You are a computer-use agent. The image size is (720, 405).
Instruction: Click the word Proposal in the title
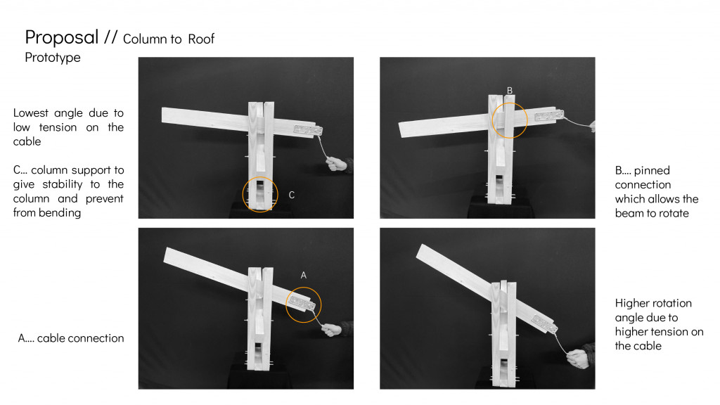tap(62, 37)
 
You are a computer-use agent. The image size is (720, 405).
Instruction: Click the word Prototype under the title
tap(53, 58)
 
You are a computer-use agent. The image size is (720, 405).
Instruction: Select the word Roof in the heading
tap(200, 39)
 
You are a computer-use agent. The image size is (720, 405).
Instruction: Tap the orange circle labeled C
tap(260, 194)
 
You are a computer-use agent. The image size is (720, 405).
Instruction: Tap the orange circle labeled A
tap(303, 304)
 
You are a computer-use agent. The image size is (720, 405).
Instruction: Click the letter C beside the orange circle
tap(291, 195)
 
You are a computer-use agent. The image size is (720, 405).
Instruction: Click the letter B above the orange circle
tap(510, 91)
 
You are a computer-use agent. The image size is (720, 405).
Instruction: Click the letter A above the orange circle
tap(303, 276)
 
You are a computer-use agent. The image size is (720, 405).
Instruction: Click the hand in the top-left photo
tap(337, 164)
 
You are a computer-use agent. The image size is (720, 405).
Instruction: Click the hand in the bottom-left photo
tap(334, 330)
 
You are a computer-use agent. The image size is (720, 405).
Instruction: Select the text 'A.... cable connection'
tap(71, 338)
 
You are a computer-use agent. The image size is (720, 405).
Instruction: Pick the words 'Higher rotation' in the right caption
tap(653, 303)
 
